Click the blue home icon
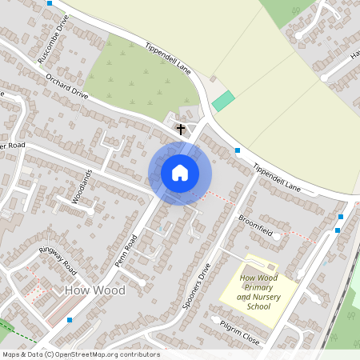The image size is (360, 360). (180, 172)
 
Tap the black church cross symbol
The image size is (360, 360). (181, 128)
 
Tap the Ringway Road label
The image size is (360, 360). (57, 258)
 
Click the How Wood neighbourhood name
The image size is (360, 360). (95, 290)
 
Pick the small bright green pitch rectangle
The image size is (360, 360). (223, 102)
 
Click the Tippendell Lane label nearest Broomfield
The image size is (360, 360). (276, 178)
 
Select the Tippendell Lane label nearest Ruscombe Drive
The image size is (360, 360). (167, 58)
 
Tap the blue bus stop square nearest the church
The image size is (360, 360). (238, 150)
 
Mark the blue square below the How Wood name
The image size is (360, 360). (70, 320)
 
